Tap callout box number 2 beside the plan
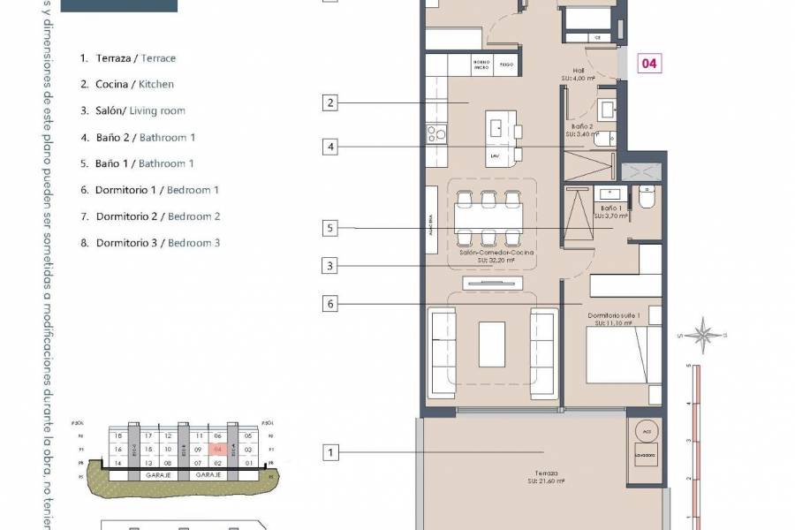[330, 103]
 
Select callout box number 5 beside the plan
[330, 229]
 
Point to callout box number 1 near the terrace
[330, 453]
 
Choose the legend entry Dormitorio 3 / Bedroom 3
[149, 243]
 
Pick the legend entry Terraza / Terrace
[127, 58]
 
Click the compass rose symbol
[703, 335]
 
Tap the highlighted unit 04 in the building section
[216, 450]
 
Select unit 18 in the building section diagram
[117, 436]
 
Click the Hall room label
[579, 72]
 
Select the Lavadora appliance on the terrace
[644, 457]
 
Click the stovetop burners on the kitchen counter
[437, 133]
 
